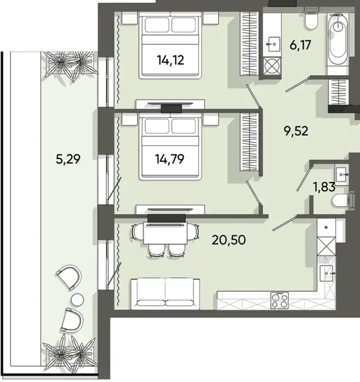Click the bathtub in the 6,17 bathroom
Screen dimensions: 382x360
pyautogui.click(x=341, y=43)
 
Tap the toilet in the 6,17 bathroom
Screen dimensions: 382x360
pyautogui.click(x=311, y=21)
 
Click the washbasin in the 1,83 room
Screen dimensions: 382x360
pyautogui.click(x=343, y=171)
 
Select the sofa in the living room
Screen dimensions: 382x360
pyautogui.click(x=165, y=294)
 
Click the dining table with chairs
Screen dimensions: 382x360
pyautogui.click(x=165, y=234)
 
